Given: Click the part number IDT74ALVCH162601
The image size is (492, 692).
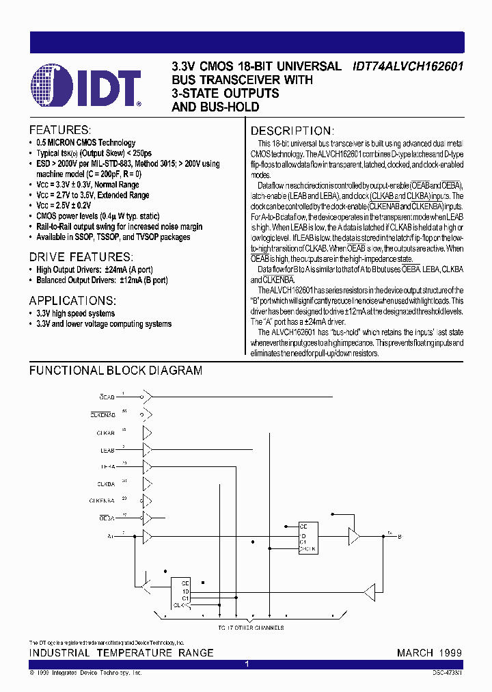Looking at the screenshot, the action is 407,67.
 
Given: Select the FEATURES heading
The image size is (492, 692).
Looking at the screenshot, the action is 60,130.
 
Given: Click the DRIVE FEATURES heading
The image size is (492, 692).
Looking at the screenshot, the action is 81,257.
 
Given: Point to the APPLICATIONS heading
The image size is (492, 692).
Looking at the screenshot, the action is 72,301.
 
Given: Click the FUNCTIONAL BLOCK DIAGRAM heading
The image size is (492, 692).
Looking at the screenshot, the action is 115,371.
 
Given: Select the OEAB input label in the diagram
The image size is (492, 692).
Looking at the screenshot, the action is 107,397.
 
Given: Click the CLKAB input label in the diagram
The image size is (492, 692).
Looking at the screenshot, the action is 105,433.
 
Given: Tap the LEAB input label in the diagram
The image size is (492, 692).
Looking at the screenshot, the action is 107,451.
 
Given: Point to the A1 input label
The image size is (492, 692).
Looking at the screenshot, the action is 111,537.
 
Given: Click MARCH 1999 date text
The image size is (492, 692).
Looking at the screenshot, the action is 429,653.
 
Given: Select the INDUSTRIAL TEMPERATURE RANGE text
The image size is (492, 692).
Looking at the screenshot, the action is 121,653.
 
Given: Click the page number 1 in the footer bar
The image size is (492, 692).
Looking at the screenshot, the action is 247,664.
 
